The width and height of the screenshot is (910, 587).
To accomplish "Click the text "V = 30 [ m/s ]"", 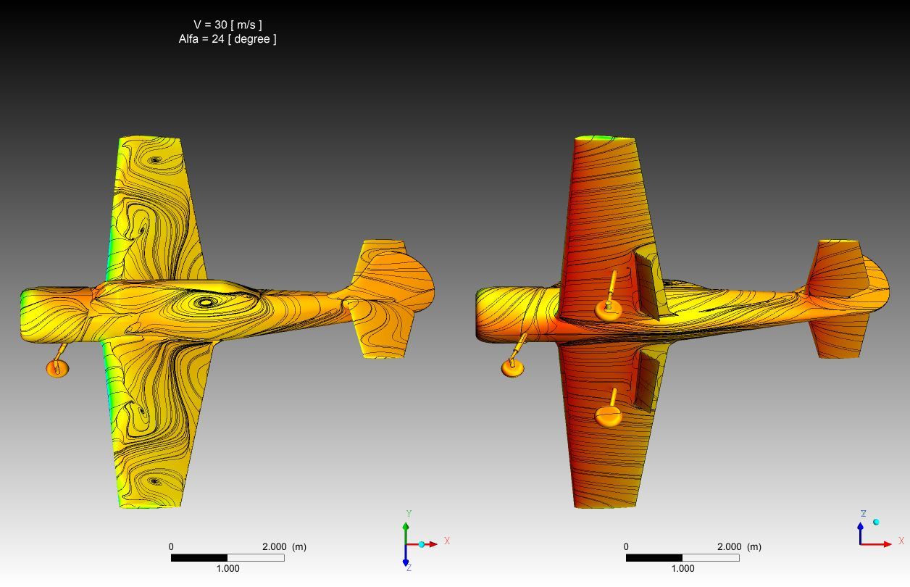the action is [227, 25].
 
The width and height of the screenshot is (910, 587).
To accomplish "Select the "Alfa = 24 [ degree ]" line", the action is [227, 39].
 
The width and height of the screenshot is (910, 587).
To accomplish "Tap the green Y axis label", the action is [409, 514].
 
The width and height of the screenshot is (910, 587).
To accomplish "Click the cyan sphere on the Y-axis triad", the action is [422, 544].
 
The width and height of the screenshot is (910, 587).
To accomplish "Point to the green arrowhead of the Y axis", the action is [406, 526].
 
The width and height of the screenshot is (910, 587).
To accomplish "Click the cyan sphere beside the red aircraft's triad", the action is [876, 522].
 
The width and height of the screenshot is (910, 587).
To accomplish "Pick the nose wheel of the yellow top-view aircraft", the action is [57, 369].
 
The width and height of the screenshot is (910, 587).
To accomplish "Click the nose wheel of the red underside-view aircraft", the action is [513, 368].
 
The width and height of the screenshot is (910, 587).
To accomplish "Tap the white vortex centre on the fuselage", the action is [206, 302].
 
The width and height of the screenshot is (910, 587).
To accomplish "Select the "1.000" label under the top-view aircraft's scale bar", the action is [227, 568].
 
